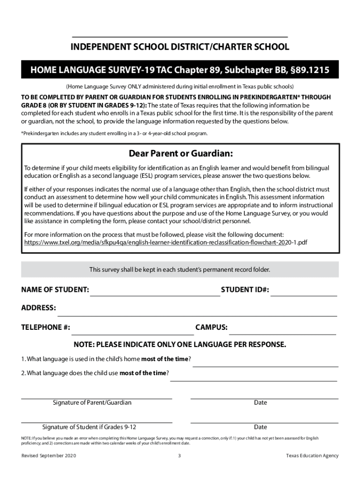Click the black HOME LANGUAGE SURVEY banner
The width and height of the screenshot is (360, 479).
(180, 71)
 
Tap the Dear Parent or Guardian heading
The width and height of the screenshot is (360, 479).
(180, 154)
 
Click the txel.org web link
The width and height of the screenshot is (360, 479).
(166, 243)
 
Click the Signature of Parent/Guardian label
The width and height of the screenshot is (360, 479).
(92, 403)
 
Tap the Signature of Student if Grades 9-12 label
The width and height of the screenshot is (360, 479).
(89, 427)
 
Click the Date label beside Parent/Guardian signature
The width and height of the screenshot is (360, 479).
(260, 403)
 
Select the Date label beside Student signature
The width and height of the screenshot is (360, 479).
(260, 427)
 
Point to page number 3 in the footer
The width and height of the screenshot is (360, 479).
(180, 456)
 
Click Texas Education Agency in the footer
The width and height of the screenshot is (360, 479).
(312, 456)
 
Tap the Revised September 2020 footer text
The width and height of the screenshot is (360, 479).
(49, 456)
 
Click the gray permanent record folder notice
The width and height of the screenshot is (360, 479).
(180, 270)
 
